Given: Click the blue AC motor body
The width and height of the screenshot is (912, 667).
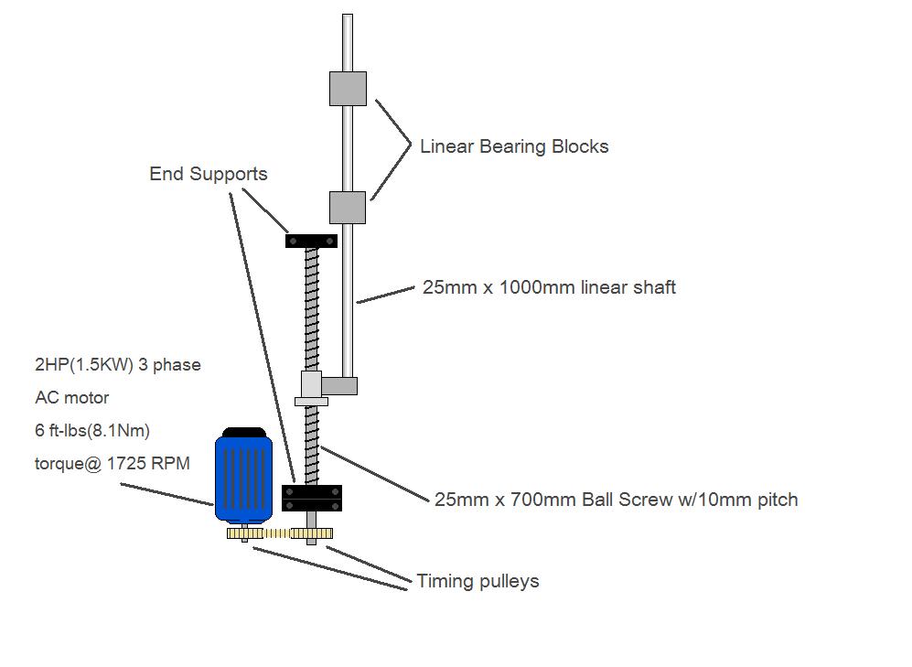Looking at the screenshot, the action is [243, 479].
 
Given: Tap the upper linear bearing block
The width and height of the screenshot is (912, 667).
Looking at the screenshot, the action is [348, 89].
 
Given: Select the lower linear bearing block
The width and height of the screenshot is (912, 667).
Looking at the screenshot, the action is [348, 208].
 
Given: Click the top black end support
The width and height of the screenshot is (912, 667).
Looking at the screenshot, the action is [311, 241].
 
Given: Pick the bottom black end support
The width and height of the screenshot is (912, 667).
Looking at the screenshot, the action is [312, 499].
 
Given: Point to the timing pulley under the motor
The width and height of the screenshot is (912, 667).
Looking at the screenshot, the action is [245, 533].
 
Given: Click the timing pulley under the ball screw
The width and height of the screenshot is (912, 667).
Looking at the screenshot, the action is [312, 533].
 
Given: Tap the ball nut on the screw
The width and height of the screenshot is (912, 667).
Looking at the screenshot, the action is [311, 388].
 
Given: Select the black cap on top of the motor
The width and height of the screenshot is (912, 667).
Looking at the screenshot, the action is [244, 432].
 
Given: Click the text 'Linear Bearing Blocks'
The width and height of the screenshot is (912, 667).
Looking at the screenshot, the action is [514, 146].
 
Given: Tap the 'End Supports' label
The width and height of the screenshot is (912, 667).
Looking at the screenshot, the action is [209, 174].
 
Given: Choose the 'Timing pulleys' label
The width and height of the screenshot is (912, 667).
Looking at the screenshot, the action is [477, 581].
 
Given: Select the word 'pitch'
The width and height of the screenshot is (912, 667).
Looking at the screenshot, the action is [777, 500].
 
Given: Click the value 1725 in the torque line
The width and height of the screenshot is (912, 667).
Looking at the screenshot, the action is [125, 464].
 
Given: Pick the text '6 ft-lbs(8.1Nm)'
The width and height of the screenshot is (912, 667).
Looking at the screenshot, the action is [92, 430].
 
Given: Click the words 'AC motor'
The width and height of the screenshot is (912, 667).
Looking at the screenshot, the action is [72, 398].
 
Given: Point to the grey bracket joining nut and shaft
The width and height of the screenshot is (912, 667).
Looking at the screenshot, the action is [339, 385].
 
